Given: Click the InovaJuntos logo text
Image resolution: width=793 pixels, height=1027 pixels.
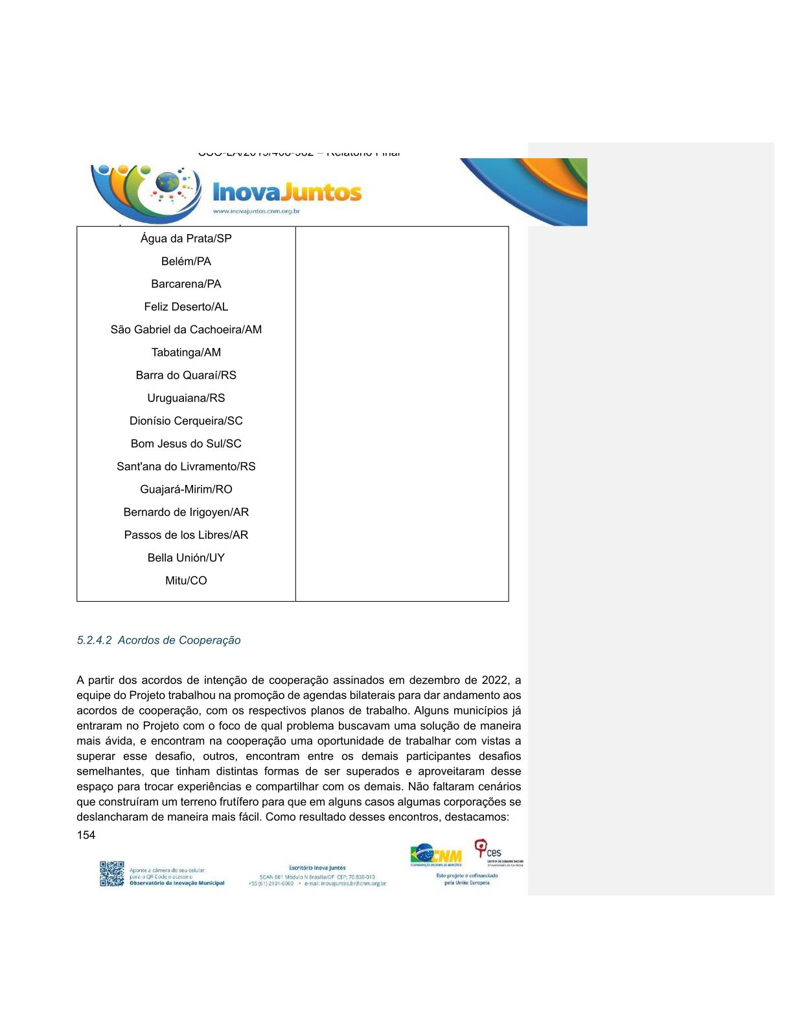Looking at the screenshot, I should tap(287, 192).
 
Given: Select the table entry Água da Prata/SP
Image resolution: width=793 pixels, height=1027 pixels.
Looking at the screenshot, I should tap(186, 239).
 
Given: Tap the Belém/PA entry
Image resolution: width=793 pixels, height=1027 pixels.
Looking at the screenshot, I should tap(186, 261).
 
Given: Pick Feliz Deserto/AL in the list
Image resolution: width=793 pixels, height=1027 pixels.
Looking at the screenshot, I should tap(186, 307).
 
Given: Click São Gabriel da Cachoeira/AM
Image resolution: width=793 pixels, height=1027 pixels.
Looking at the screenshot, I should tap(186, 329).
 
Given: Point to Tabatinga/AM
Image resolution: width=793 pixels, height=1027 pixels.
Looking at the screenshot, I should tap(186, 353).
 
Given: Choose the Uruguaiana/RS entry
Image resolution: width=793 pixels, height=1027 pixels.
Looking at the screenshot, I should tap(186, 398).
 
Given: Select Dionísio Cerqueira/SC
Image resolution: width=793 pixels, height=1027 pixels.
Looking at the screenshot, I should tap(186, 421).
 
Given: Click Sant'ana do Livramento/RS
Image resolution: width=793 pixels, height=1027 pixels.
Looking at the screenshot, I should tap(186, 467).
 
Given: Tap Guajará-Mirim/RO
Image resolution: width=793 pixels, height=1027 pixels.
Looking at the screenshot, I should tap(186, 490).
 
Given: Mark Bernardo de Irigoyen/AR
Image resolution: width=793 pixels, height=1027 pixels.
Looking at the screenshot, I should tap(186, 512).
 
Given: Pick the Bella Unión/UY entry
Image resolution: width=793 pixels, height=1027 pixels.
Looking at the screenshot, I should tap(186, 558).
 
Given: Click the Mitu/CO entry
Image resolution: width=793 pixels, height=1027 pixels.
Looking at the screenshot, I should tap(186, 581).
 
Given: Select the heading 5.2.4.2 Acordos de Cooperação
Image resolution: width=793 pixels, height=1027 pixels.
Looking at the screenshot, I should tap(159, 641).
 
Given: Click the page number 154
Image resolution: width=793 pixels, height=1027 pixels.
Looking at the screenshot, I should tap(86, 835).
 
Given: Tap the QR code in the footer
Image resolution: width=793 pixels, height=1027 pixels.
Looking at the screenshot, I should tap(111, 873).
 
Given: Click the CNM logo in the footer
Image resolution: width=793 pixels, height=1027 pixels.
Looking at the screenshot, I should tap(436, 855).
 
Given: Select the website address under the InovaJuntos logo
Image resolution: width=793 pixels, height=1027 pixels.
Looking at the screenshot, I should tap(256, 211).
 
